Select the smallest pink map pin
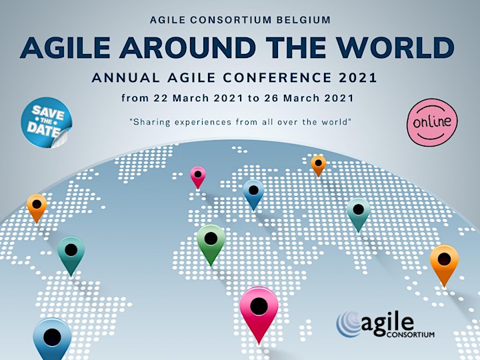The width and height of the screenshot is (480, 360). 198,177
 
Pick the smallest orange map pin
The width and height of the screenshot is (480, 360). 319,165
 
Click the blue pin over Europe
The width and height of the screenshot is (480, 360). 253,194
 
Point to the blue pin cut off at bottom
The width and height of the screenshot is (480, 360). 52,339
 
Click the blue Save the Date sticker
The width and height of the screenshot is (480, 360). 47,123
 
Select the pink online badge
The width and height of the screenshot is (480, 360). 432,122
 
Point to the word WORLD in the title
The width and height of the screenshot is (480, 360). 395,48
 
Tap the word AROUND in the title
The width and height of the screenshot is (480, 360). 187,48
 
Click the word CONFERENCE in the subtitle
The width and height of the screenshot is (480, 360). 277,77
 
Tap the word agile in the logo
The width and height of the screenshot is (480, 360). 387,323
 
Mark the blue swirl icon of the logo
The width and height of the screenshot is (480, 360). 349,325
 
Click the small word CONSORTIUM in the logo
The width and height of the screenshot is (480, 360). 411,334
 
